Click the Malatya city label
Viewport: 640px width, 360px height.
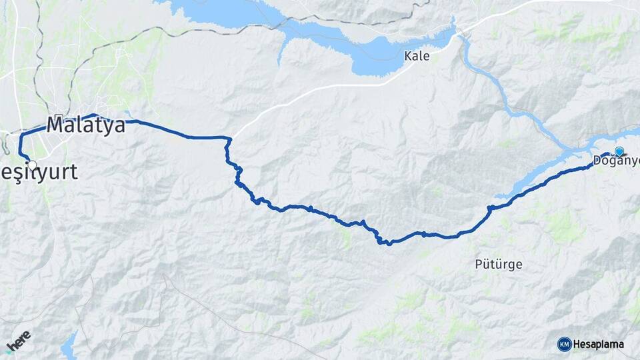[x=86, y=125]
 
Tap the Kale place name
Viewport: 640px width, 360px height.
[x=417, y=56]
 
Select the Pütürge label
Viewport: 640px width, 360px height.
[x=498, y=264]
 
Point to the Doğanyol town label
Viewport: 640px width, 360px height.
[x=615, y=161]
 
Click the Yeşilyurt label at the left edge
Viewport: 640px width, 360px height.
[x=39, y=172]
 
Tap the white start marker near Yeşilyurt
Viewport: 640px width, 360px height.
[x=31, y=164]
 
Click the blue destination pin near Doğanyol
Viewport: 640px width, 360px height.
[x=619, y=152]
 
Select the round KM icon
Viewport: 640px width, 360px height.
[x=564, y=344]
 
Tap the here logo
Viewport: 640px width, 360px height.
[x=18, y=341]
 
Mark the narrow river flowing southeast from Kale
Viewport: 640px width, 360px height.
[x=507, y=100]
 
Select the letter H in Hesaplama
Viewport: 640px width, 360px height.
[x=577, y=344]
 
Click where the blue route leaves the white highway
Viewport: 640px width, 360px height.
[x=229, y=139]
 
